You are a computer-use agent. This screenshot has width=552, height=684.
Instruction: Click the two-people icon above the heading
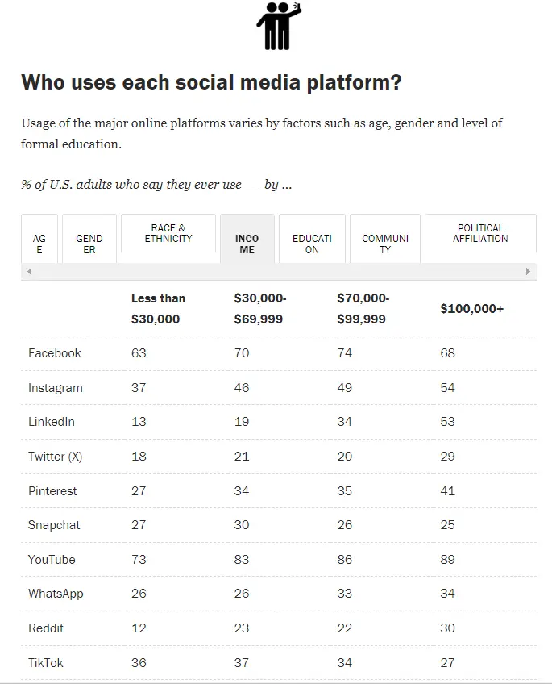[x=277, y=26]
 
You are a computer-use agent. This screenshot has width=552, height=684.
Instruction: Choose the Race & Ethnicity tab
[x=168, y=234]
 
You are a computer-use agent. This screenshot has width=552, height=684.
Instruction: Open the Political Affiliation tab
[x=480, y=234]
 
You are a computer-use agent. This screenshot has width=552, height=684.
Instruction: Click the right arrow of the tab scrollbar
[x=529, y=272]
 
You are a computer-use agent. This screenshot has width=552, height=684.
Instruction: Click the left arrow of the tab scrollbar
[x=30, y=272]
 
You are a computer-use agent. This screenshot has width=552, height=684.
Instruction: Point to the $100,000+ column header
[x=472, y=309]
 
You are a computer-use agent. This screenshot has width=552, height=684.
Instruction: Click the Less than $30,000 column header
[x=158, y=309]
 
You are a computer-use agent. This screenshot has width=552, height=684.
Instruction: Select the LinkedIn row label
[x=52, y=422]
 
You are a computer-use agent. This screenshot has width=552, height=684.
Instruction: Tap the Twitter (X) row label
[x=56, y=457]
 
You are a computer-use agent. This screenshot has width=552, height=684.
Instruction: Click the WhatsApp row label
[x=56, y=594]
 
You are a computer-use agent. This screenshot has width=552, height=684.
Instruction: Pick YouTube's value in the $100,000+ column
[x=447, y=560]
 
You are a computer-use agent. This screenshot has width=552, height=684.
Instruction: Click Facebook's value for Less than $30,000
[x=139, y=353]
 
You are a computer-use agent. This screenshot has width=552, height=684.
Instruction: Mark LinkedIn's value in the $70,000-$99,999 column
[x=345, y=422]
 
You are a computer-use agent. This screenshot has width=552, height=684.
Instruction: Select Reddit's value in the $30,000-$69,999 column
[x=242, y=628]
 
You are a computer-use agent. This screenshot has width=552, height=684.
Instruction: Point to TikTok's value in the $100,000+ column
[x=447, y=663]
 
